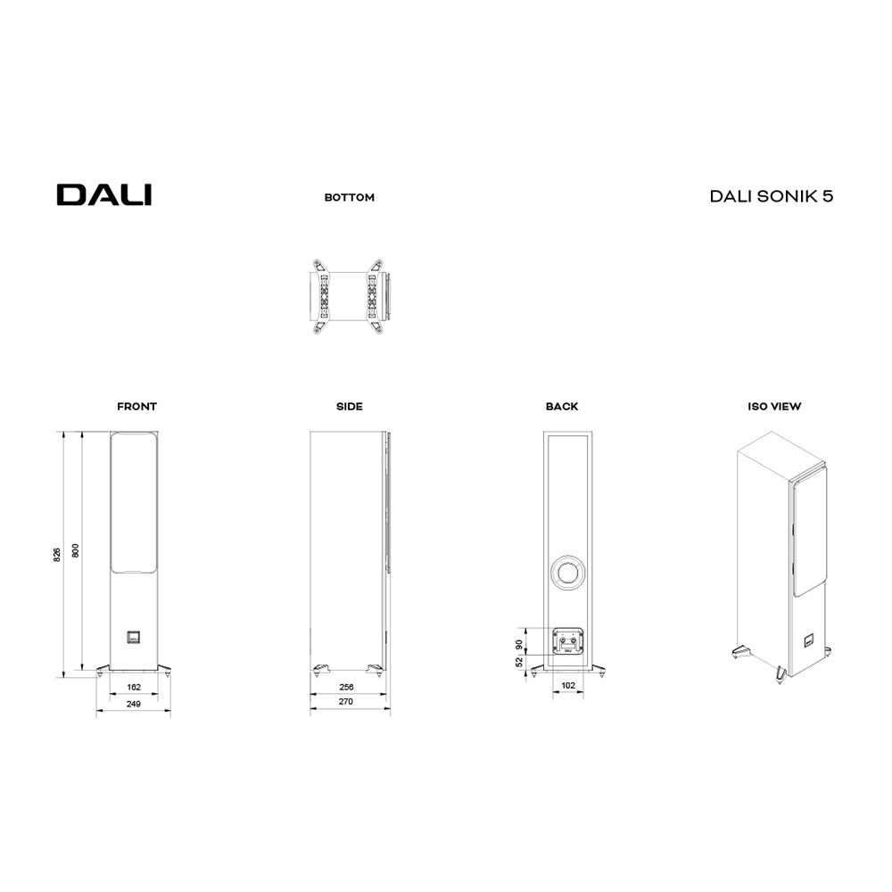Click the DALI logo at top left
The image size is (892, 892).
104,195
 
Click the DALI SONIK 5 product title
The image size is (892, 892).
772,196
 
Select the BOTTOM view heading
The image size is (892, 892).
350,198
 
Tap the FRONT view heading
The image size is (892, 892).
136,407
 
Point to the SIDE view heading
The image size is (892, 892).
350,407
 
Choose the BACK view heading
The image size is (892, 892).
562,407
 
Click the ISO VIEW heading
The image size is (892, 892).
774,407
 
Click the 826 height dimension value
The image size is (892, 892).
56,554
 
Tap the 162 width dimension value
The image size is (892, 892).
134,687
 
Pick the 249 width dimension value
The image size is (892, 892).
134,703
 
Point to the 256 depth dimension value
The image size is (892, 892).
346,687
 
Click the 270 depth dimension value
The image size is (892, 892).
346,703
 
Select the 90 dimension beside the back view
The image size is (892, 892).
519,644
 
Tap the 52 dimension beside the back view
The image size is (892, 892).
519,663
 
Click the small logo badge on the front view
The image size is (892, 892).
132,637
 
